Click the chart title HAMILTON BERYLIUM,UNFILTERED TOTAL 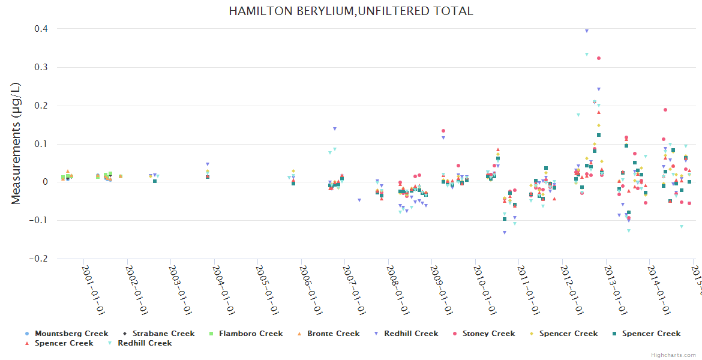click(351, 11)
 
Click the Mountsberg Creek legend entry click(71, 334)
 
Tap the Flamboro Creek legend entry click(250, 334)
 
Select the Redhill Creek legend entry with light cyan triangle click(145, 343)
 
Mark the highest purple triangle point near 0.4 click(587, 31)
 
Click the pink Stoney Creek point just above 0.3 click(599, 58)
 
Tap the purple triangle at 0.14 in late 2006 click(335, 128)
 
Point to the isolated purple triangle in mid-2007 click(359, 200)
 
